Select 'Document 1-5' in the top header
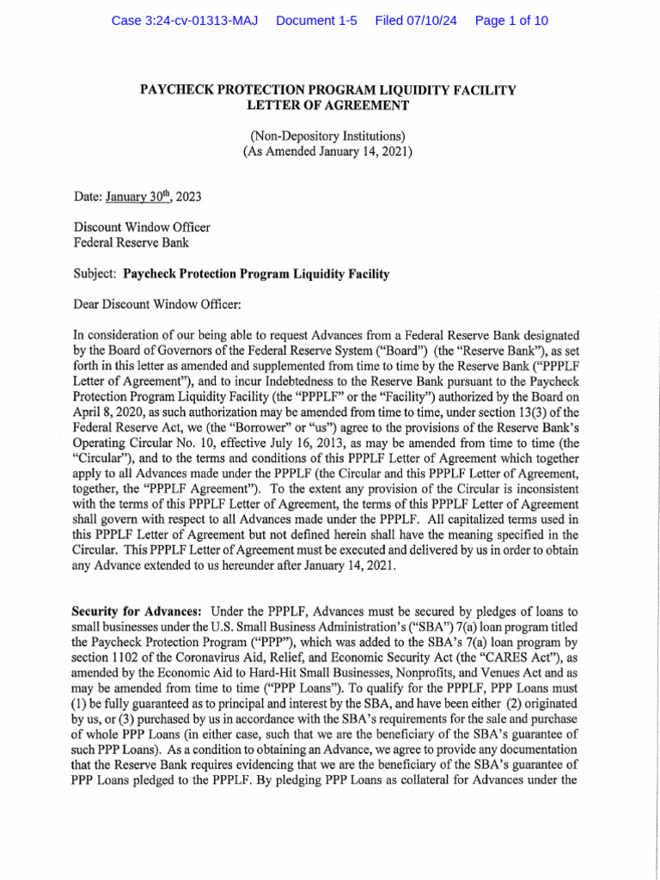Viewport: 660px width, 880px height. point(316,21)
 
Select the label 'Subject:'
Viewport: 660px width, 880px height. point(95,274)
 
